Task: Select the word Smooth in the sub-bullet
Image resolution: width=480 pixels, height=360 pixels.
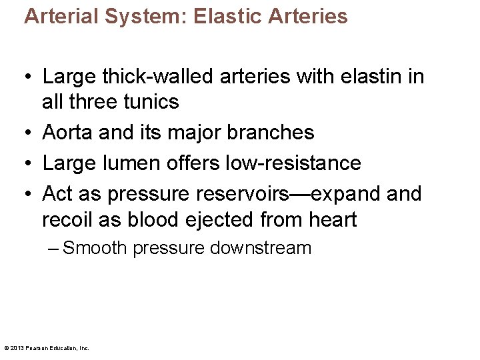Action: tap(95, 248)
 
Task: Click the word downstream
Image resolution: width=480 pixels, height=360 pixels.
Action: tap(260, 248)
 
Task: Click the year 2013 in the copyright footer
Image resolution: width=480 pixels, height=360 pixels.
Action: tap(17, 348)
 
